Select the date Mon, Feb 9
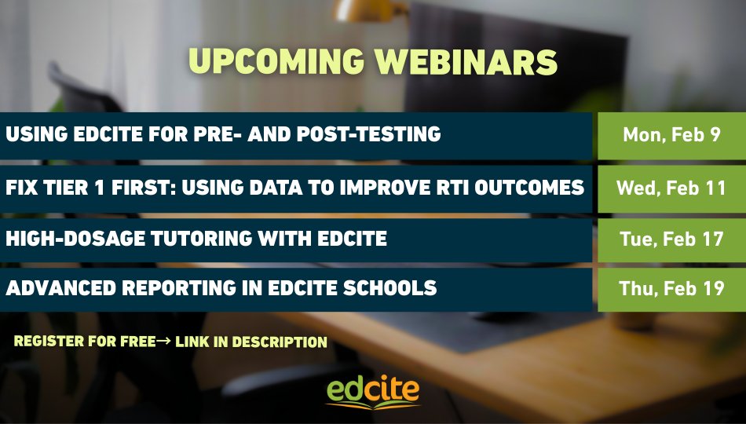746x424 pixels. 671,134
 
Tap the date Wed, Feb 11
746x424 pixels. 671,188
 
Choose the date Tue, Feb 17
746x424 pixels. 671,239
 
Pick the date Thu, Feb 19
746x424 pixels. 671,289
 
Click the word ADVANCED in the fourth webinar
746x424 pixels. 59,288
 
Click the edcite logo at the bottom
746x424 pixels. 373,390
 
